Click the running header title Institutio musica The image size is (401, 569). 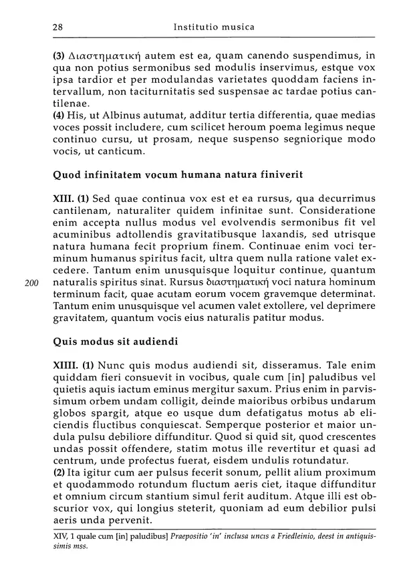click(213, 27)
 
